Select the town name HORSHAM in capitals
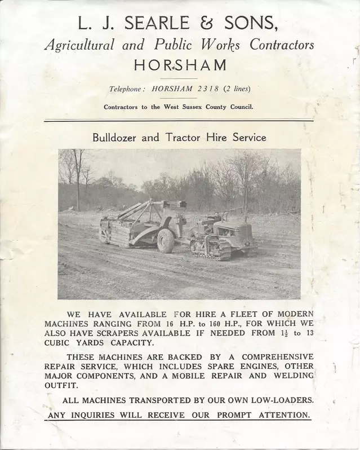click(181, 65)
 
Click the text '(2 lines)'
click(237, 89)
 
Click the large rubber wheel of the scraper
click(167, 240)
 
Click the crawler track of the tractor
click(211, 249)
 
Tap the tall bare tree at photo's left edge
click(77, 175)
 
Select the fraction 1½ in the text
click(284, 333)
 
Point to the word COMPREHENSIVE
click(277, 357)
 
